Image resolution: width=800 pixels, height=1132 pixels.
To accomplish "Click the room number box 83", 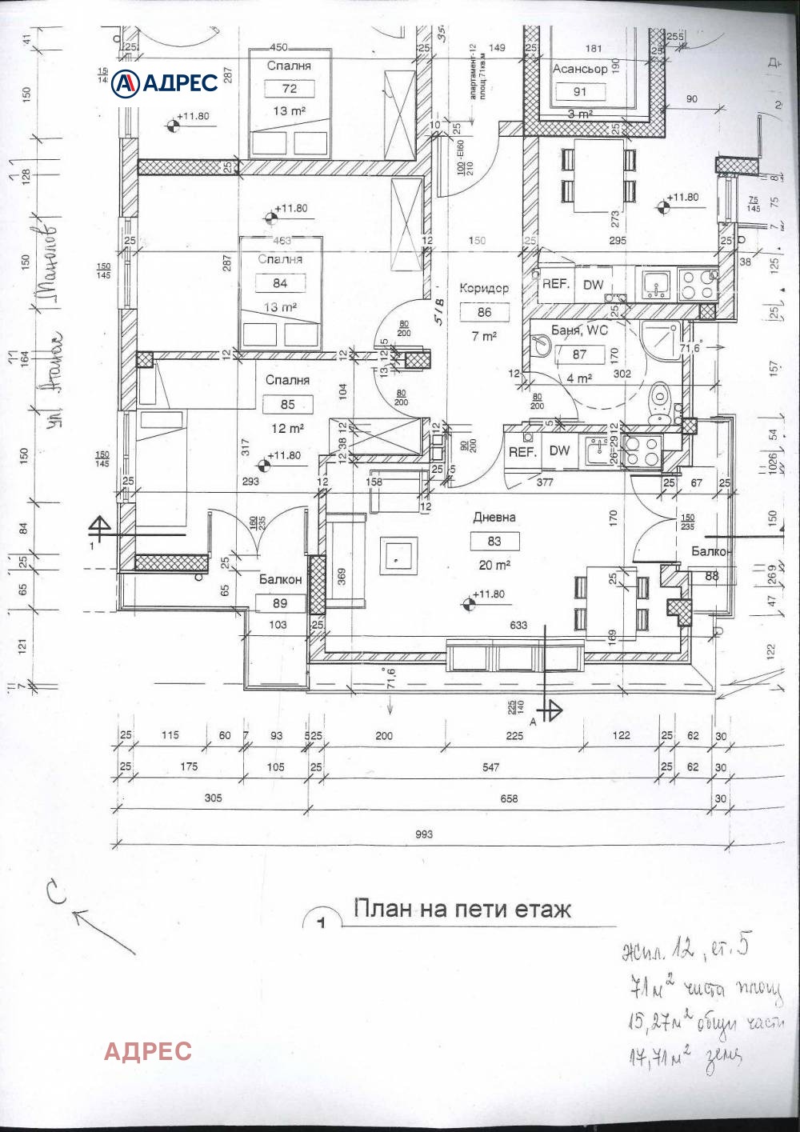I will point(494,542).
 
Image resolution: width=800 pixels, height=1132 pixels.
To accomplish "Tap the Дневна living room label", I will point(494,518).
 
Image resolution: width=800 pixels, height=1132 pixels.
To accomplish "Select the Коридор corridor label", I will point(483,289).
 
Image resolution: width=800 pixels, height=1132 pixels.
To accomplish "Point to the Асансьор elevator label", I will point(580,70).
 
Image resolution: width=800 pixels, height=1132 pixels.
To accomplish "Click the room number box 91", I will point(580,91).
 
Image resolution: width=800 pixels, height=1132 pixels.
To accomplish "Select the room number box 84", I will point(279,283).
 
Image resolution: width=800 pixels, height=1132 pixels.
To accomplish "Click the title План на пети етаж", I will point(462,910).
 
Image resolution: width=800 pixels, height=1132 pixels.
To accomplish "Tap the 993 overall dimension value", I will point(424,834).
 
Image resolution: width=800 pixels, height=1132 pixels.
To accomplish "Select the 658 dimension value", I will point(509,798).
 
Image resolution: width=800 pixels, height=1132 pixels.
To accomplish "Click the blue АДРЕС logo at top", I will point(165,82).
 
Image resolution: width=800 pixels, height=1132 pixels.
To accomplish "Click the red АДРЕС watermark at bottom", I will point(148,1050).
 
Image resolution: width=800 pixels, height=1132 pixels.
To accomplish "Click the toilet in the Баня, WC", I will point(661,402).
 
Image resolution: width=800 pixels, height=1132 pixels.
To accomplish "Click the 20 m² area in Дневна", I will point(494,565).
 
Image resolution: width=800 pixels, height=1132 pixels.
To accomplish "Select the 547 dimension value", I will point(490,767).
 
